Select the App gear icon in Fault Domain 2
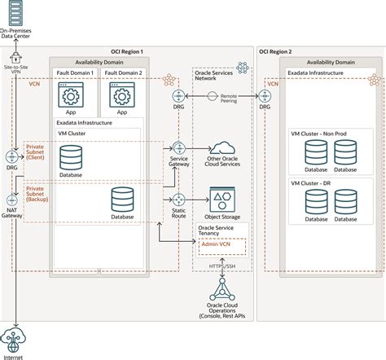[x=122, y=94]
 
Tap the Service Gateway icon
[x=179, y=148]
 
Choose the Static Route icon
[x=179, y=200]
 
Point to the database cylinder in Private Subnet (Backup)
[x=122, y=199]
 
